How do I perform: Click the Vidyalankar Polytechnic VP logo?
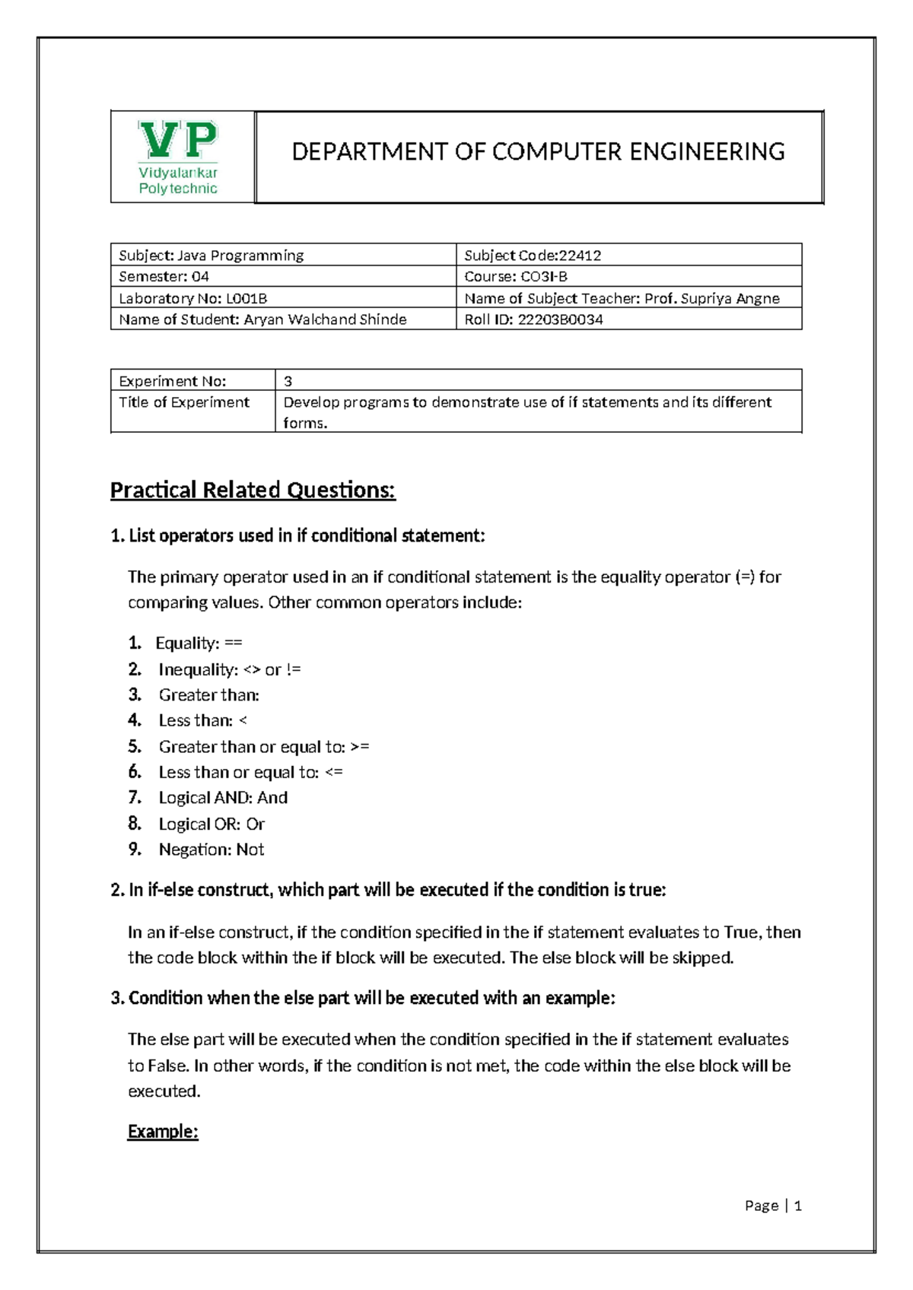pyautogui.click(x=179, y=157)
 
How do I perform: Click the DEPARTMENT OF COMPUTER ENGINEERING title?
pyautogui.click(x=538, y=152)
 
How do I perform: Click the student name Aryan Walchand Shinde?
pyautogui.click(x=325, y=319)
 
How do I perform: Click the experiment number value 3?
pyautogui.click(x=288, y=381)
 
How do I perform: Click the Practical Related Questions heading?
pyautogui.click(x=253, y=490)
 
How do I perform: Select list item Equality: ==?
pyautogui.click(x=199, y=643)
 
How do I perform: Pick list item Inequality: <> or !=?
pyautogui.click(x=229, y=669)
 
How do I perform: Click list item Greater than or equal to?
pyautogui.click(x=263, y=747)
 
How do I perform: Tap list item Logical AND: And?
pyautogui.click(x=223, y=798)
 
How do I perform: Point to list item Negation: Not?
pyautogui.click(x=211, y=850)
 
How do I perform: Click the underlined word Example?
pyautogui.click(x=163, y=1132)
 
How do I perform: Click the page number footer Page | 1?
pyautogui.click(x=773, y=1206)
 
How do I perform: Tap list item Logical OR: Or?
pyautogui.click(x=212, y=824)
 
